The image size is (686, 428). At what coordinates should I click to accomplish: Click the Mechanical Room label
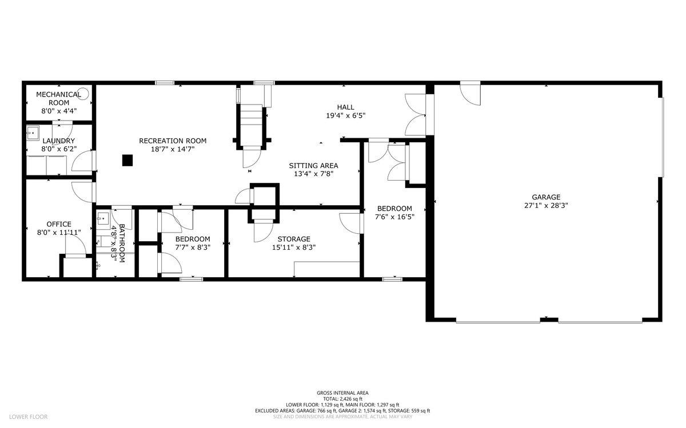click(59, 99)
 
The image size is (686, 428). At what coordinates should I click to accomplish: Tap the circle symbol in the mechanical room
click(84, 93)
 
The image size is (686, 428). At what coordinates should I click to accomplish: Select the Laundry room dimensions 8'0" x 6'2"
click(59, 149)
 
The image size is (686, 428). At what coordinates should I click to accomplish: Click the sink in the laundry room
click(32, 133)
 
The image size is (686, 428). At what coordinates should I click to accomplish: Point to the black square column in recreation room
click(127, 161)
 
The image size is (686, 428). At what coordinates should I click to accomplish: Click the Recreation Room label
click(173, 141)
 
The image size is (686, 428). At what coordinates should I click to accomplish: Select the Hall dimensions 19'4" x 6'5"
click(346, 116)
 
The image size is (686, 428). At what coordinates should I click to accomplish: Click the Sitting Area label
click(314, 166)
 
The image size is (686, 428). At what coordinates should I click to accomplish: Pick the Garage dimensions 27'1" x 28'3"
click(546, 205)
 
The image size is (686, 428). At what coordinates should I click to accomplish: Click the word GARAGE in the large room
click(546, 197)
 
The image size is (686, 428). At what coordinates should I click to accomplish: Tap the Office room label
click(59, 224)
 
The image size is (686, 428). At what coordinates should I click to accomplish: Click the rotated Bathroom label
click(122, 243)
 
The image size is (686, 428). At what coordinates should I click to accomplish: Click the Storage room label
click(294, 239)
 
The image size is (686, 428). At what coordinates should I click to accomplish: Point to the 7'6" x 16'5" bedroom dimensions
click(395, 217)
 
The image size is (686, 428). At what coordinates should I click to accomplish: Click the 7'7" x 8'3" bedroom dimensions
click(193, 247)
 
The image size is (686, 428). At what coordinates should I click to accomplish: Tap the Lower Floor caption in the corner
click(28, 417)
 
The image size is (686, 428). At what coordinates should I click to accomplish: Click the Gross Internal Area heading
click(342, 393)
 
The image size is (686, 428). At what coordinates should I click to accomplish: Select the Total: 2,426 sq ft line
click(342, 399)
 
